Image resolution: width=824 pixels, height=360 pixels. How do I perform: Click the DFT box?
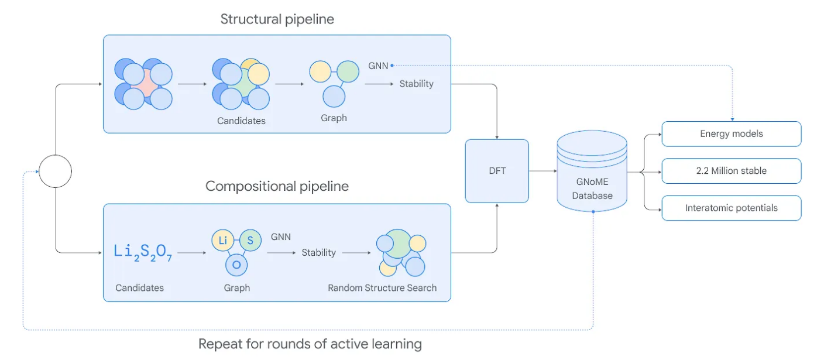(497, 171)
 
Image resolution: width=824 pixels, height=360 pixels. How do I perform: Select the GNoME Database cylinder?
(592, 171)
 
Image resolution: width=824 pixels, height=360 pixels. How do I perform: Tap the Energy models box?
(732, 134)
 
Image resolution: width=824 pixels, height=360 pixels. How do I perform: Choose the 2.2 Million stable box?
(732, 171)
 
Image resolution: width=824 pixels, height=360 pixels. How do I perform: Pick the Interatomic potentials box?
(732, 208)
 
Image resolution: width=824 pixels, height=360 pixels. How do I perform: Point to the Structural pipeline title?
(277, 19)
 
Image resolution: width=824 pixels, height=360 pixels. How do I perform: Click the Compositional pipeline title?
(277, 186)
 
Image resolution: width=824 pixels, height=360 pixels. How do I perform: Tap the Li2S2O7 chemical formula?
(143, 252)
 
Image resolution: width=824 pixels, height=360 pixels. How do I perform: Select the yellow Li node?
(222, 241)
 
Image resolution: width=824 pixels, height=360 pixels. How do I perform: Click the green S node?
(250, 241)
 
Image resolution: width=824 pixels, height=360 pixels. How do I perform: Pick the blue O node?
(236, 265)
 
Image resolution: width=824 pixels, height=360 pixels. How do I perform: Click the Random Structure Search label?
(382, 288)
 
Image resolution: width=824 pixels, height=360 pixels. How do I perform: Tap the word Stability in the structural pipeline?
(417, 84)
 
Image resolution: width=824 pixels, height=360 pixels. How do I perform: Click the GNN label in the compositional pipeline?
(281, 236)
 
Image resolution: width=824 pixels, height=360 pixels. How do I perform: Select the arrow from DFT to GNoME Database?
(543, 171)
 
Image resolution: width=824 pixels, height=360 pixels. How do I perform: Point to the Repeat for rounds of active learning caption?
(310, 344)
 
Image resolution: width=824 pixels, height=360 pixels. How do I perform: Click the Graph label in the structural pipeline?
(334, 118)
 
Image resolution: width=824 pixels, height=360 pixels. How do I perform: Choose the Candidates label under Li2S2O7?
(139, 288)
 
